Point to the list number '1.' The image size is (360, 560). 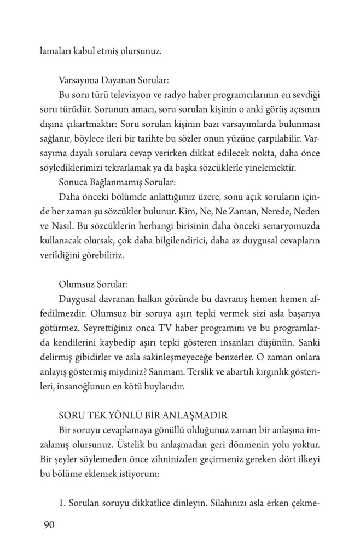tap(62, 501)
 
